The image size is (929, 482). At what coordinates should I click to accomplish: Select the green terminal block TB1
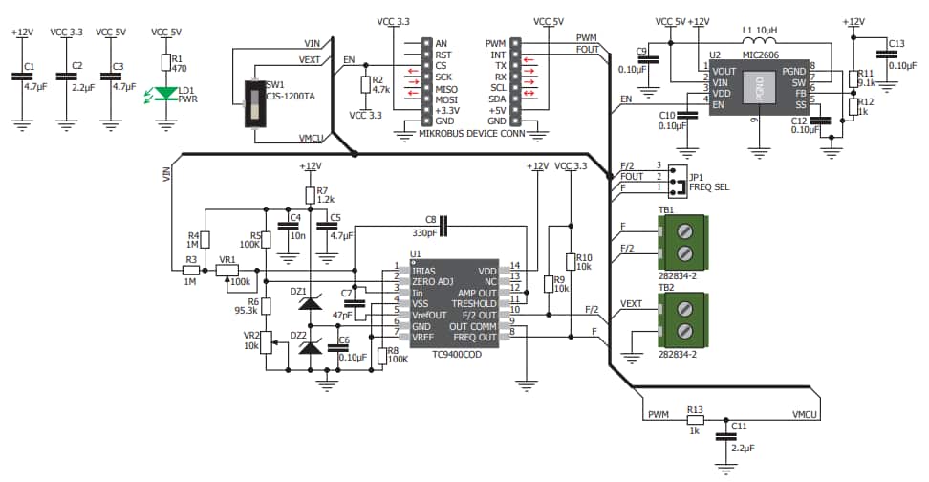(682, 240)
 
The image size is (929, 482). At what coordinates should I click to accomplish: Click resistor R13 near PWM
(696, 418)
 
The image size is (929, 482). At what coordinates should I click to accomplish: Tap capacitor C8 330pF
(442, 227)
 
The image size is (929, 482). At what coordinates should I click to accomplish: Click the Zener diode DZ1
(310, 303)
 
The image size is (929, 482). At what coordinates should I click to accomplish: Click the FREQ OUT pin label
(474, 338)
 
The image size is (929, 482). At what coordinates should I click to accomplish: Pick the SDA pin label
(496, 99)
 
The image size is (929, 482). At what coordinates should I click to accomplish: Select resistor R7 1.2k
(310, 195)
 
